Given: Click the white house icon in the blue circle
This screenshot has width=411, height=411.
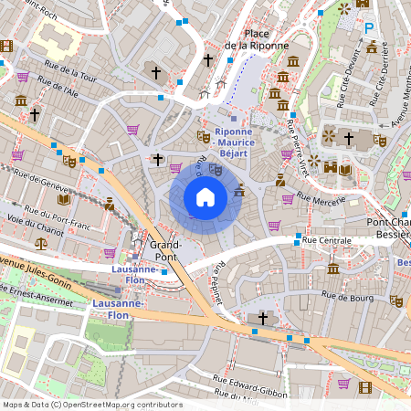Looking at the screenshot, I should point(205,197).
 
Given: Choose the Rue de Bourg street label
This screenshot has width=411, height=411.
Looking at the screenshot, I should point(347,294).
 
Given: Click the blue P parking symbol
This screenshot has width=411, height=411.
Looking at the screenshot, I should point(370,28).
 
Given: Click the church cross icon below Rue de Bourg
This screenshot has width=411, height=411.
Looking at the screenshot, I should point(264,318).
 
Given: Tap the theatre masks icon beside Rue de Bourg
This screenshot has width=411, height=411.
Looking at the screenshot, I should point(396,300).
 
